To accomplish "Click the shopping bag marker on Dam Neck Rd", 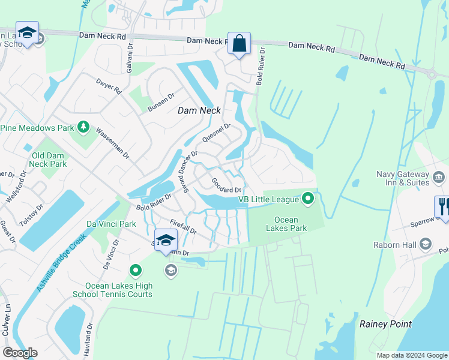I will click(239, 44).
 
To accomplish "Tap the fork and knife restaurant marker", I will click(444, 206).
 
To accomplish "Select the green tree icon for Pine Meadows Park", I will click(83, 127).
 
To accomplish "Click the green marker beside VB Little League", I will click(308, 197).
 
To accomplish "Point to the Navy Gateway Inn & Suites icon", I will click(438, 178).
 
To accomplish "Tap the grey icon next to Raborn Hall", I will click(426, 244).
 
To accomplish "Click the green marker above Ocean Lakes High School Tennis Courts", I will click(136, 271).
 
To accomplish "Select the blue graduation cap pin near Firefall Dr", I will click(166, 241).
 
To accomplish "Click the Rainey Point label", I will click(385, 324).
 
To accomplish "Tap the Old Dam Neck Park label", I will click(49, 159).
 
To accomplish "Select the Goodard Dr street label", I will click(226, 185).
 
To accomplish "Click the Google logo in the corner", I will click(20, 353).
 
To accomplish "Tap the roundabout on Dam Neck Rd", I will click(431, 74).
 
